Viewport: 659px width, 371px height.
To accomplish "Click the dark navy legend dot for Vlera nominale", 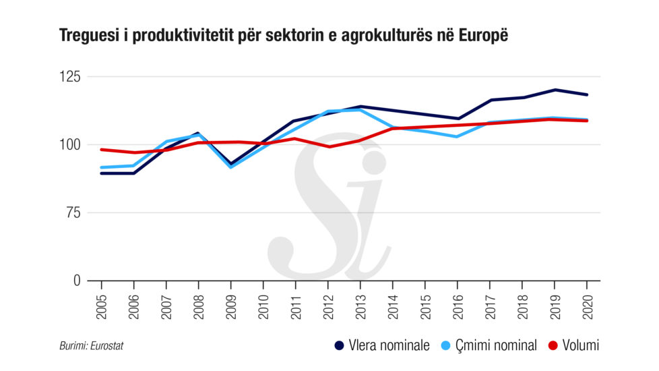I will pos(340,346).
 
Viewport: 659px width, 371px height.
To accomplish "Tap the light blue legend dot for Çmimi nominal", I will pos(446,346).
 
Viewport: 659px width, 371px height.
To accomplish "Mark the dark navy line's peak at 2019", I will pos(555,90).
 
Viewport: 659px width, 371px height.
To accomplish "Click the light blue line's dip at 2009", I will pos(230,167).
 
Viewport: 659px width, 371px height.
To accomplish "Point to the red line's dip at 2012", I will pos(328,146).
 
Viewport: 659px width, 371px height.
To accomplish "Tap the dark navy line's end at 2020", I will pos(587,94).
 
